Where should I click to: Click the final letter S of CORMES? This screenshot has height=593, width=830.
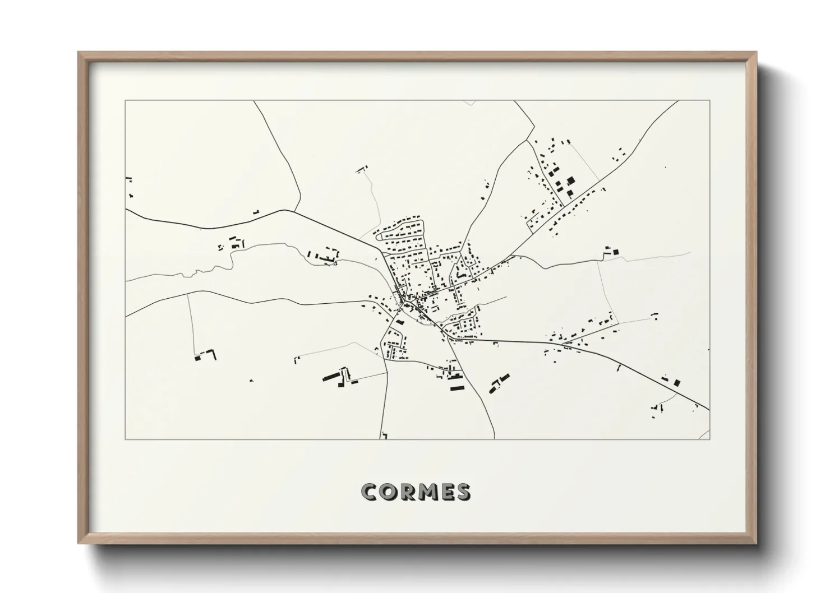464,492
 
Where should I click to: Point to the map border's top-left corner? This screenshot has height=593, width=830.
126,101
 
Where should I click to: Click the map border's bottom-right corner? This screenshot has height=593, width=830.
709,439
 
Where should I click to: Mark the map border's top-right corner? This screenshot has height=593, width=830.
709,101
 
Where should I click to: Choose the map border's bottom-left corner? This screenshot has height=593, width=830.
126,439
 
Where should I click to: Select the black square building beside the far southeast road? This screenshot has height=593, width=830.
677,383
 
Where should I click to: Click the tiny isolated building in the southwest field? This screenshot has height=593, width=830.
252,381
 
